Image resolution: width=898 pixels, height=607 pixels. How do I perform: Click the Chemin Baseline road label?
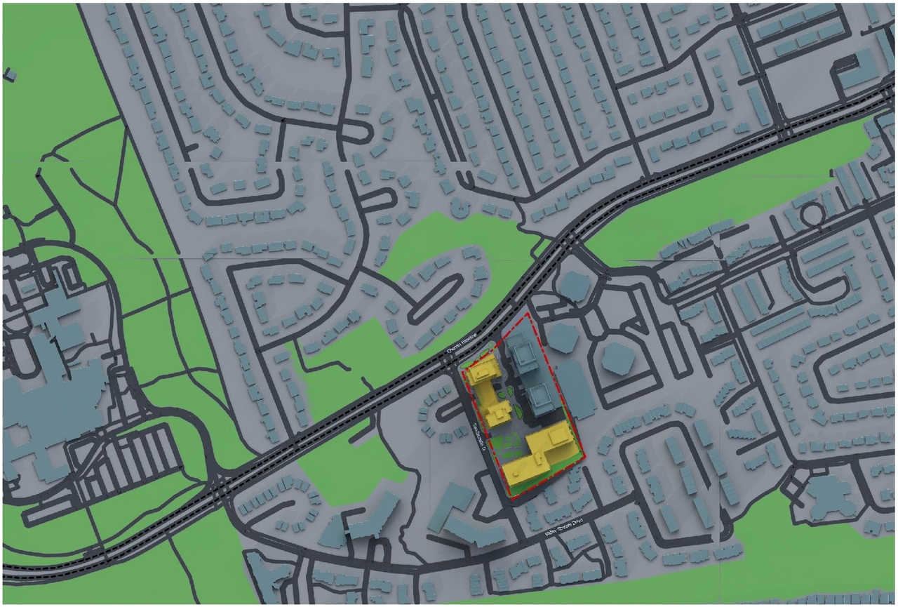[462, 343]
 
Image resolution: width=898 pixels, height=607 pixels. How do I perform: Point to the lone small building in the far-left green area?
[10, 73]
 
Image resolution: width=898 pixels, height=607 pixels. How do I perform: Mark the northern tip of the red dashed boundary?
[528, 314]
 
